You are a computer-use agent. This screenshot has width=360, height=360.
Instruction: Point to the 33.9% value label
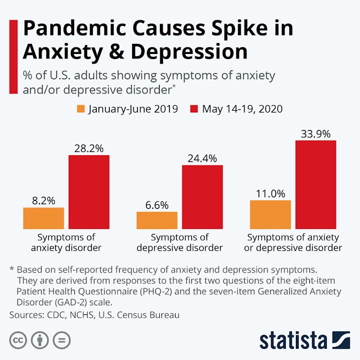pyautogui.click(x=315, y=133)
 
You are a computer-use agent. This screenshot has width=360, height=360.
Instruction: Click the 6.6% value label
pyautogui.click(x=156, y=205)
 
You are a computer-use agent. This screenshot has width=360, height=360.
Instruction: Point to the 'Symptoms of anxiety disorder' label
pyautogui.click(x=66, y=242)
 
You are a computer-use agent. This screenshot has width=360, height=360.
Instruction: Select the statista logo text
pyautogui.click(x=293, y=341)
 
